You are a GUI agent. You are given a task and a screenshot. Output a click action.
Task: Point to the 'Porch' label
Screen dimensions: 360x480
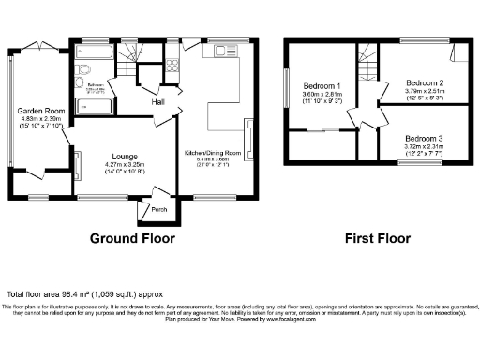159,210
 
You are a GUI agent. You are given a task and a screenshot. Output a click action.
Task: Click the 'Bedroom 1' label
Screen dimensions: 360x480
322,88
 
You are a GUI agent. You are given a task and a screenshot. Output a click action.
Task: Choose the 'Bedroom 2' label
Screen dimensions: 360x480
424,83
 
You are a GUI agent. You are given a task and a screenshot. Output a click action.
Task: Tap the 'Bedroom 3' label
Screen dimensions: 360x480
424,139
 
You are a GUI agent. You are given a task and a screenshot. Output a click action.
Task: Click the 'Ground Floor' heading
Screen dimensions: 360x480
132,239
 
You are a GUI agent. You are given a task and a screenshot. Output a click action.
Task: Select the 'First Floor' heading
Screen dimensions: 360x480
379,239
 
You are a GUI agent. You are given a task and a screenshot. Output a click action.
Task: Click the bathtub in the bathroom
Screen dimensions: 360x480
94,107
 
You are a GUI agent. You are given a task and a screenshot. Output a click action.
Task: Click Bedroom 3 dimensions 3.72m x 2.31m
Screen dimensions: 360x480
424,147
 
